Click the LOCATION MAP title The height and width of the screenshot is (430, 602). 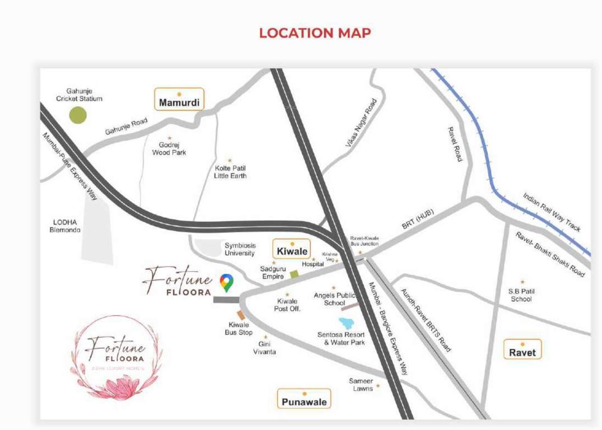(315, 33)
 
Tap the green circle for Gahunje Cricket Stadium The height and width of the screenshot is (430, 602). (78, 115)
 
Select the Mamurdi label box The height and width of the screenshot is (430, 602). (179, 102)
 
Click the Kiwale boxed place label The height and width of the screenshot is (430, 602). (292, 251)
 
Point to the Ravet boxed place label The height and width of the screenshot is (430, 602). (522, 352)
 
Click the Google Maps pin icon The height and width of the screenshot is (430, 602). (226, 283)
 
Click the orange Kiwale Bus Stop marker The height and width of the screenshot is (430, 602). (241, 315)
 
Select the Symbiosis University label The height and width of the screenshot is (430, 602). (240, 249)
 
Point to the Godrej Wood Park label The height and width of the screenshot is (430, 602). (169, 148)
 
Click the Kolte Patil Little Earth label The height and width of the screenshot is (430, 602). (230, 171)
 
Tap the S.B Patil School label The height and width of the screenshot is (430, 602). (521, 295)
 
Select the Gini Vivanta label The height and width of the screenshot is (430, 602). (267, 348)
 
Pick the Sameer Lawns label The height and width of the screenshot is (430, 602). (361, 385)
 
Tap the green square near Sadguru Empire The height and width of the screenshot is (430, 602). (294, 274)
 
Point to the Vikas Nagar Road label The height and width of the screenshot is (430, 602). (361, 124)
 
